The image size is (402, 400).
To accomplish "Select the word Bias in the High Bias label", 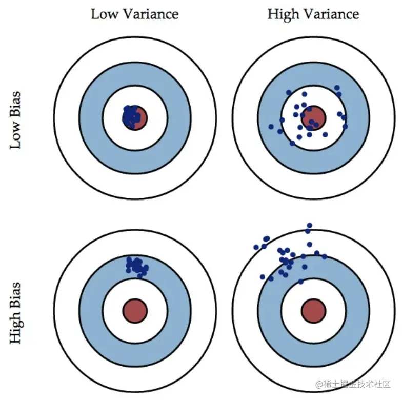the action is pyautogui.click(x=16, y=291).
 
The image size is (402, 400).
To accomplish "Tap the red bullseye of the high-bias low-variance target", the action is pyautogui.click(x=135, y=311).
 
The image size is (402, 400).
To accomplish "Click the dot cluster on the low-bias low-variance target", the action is pyautogui.click(x=131, y=116).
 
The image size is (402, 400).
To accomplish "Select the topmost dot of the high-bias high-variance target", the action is pyautogui.click(x=309, y=226).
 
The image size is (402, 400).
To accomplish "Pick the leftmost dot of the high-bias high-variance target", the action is pyautogui.click(x=256, y=247).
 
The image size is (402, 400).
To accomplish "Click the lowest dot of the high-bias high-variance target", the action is pyautogui.click(x=300, y=281).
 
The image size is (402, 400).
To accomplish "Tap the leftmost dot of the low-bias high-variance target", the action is pyautogui.click(x=271, y=126).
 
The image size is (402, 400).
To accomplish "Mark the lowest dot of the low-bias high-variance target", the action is pyautogui.click(x=292, y=143).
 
